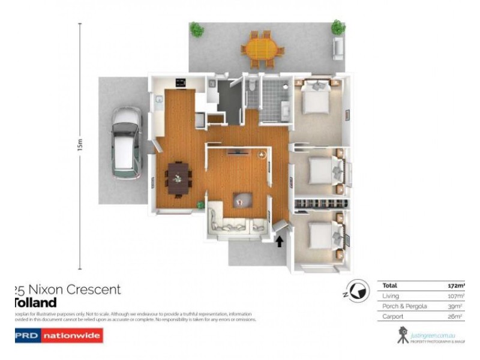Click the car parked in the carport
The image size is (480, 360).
(x=126, y=143)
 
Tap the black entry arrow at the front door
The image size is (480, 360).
(x=278, y=241)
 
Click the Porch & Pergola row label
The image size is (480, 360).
(x=405, y=306)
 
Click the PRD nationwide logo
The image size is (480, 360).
(x=58, y=336)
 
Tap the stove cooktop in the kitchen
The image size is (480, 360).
(x=181, y=82)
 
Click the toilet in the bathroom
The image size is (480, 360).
(x=253, y=86)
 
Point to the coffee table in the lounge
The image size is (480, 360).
(x=243, y=199)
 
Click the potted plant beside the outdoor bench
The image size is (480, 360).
(x=338, y=27)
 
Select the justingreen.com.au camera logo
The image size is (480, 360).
(x=403, y=335)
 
